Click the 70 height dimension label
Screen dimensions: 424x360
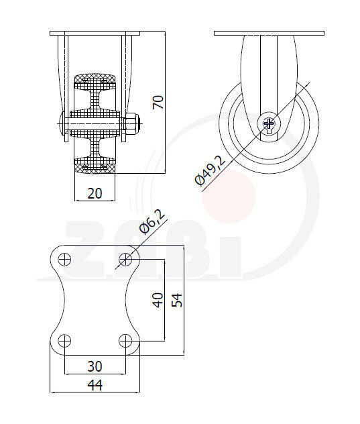point(158,102)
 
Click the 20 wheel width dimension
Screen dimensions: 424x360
point(95,193)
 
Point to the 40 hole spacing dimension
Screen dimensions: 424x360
point(158,299)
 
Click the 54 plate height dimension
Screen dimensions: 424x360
point(177,299)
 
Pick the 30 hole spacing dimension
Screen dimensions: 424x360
point(95,366)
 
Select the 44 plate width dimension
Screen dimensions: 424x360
point(95,384)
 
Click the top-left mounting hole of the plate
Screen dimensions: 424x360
point(64,259)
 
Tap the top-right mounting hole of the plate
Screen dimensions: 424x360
point(125,259)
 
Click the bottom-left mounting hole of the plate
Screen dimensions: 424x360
point(64,339)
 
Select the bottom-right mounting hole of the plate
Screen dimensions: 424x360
point(125,339)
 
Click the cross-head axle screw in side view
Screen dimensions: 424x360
point(269,123)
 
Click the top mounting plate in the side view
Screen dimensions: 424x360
point(269,32)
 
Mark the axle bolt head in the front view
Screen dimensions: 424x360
point(62,123)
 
